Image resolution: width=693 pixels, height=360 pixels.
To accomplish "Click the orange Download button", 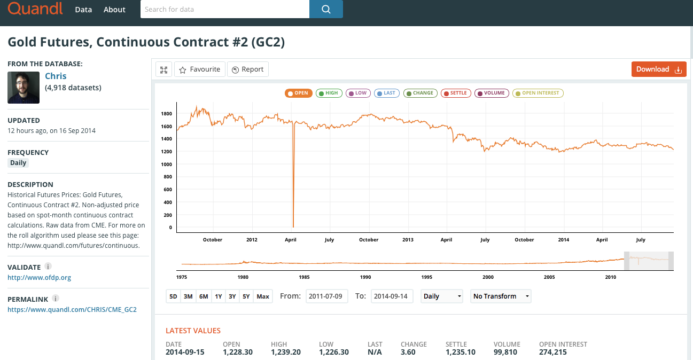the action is click(659, 69).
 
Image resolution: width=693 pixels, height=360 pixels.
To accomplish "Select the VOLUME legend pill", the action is click(491, 93).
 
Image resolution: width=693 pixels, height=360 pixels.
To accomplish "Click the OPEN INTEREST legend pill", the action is click(538, 93).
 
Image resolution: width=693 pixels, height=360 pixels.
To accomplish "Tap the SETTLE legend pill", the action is click(456, 93).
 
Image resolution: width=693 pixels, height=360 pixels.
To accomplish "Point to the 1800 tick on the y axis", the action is click(167, 114).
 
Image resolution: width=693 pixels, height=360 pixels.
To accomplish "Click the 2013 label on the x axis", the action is click(408, 240).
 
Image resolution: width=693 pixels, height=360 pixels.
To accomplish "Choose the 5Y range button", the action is click(246, 296).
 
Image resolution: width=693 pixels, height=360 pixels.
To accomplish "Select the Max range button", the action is click(263, 296).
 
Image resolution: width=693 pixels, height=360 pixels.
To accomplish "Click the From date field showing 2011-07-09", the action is click(326, 296).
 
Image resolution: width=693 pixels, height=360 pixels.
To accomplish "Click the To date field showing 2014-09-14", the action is click(392, 296).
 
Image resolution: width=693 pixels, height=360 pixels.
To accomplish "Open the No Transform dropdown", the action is click(501, 296).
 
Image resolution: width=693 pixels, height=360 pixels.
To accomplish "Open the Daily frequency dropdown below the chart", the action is click(441, 296).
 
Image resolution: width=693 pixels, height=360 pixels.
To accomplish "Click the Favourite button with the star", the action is click(199, 69).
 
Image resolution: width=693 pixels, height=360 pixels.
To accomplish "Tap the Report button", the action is click(248, 69).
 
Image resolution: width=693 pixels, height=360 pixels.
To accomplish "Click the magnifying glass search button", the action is click(326, 9).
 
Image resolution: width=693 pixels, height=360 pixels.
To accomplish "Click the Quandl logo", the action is click(35, 9).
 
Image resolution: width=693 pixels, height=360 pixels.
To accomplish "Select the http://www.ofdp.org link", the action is click(40, 277).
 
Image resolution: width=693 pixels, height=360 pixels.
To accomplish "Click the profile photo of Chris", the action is click(24, 88).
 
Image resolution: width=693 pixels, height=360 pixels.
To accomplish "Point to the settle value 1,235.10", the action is click(461, 352).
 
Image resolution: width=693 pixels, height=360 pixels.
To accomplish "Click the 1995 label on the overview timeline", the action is click(426, 277).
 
